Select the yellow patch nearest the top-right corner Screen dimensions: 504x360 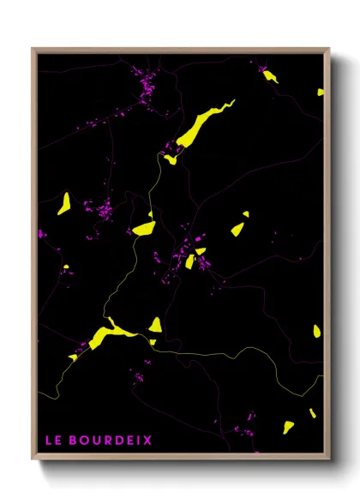271,76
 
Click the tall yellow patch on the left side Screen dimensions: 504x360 64,203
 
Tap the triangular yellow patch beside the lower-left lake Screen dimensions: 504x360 155,325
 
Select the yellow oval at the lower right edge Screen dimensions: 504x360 317,330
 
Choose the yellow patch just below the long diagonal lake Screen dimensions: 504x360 171,159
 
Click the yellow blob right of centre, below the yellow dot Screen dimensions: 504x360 237,229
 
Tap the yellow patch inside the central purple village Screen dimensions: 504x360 189,261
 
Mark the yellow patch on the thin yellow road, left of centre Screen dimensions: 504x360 144,228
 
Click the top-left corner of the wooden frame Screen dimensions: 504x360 33,49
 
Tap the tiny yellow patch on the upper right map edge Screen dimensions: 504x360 321,92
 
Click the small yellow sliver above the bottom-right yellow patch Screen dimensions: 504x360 313,413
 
